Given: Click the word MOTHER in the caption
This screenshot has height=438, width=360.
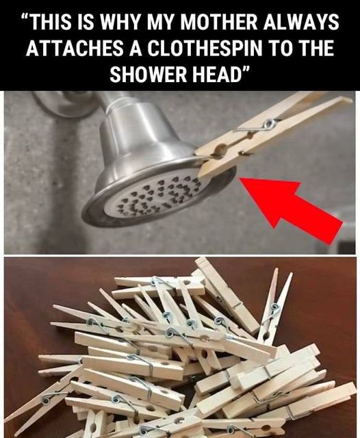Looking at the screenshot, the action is [x=219, y=22].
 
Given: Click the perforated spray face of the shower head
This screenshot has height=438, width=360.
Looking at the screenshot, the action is [x=157, y=196].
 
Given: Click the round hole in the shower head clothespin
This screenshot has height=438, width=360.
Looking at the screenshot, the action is [x=220, y=149].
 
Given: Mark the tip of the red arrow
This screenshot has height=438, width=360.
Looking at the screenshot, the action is [x=240, y=178].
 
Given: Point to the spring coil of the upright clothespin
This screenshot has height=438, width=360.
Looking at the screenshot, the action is [x=275, y=307].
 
